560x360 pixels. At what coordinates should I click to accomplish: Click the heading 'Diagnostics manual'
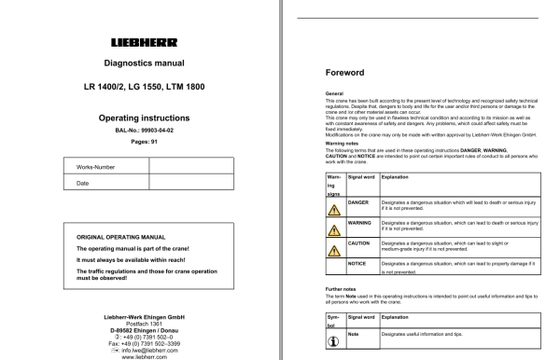[x=141, y=64]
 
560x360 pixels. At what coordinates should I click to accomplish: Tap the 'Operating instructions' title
[x=141, y=119]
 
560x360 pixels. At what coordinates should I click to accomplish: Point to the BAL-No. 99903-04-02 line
[x=141, y=134]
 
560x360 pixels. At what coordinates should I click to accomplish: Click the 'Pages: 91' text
[x=141, y=147]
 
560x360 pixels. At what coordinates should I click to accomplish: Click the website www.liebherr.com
[x=141, y=355]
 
